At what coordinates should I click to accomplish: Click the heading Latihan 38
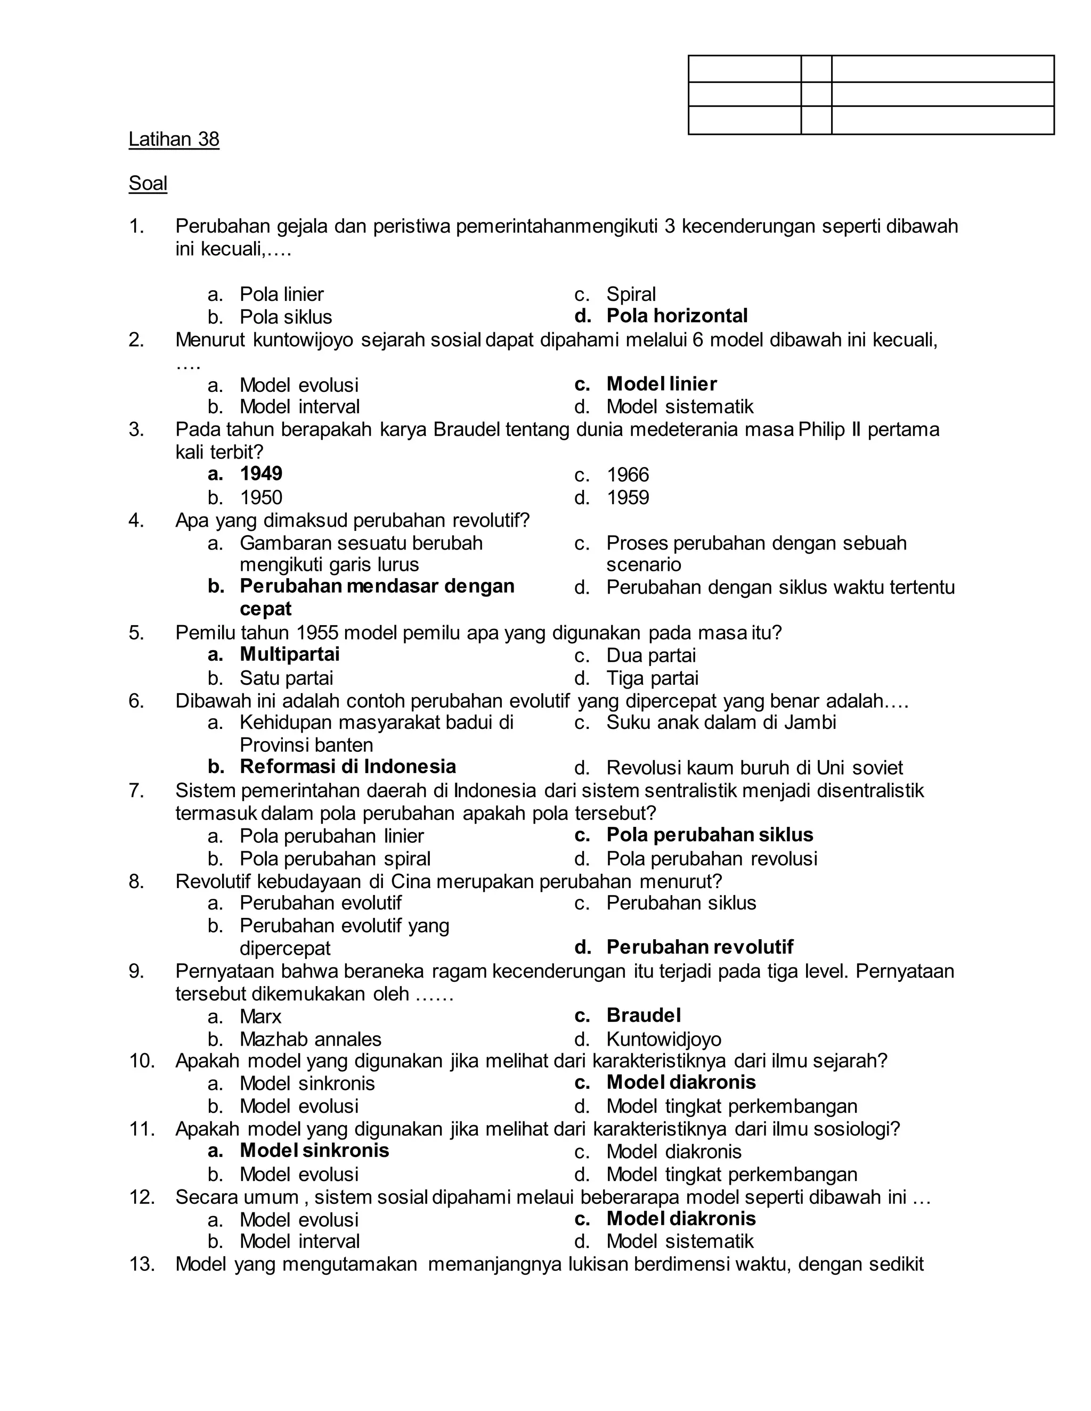[174, 140]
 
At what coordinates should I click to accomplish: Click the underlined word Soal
[148, 184]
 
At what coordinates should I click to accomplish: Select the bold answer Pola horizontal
[677, 316]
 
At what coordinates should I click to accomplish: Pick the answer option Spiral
[631, 294]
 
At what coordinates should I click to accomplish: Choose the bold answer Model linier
[661, 384]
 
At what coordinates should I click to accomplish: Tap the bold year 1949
[261, 474]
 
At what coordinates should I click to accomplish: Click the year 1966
[628, 475]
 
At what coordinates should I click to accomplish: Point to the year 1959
[628, 498]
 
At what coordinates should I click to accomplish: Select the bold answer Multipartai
[290, 654]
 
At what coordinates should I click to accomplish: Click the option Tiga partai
[652, 678]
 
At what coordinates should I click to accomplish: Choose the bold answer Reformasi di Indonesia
[348, 767]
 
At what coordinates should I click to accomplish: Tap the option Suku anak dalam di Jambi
[721, 723]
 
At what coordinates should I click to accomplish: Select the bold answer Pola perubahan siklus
[710, 835]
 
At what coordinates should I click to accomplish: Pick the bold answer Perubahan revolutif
[699, 948]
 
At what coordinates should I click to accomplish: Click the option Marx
[260, 1017]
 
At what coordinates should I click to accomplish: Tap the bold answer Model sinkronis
[314, 1151]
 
